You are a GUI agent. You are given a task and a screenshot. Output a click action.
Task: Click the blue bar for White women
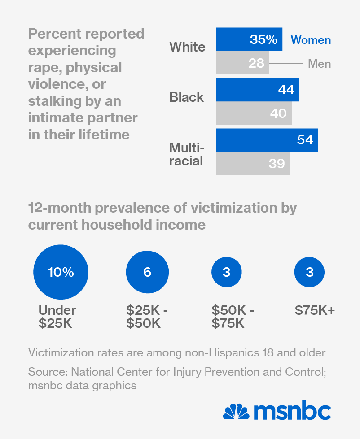click(249, 39)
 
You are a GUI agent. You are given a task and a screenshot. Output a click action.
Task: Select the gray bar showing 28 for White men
click(242, 63)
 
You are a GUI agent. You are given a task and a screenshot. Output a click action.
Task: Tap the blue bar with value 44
click(257, 90)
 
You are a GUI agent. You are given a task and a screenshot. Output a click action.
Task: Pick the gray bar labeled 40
click(254, 113)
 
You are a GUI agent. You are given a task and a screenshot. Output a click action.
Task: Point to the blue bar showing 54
click(267, 140)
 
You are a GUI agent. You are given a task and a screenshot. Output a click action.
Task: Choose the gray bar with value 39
click(253, 164)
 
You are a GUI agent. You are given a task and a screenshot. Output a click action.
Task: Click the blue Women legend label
click(311, 40)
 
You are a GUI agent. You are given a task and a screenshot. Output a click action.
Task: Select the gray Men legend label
click(319, 64)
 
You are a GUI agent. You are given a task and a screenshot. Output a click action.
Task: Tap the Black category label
click(186, 97)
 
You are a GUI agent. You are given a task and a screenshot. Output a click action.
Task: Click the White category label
click(187, 47)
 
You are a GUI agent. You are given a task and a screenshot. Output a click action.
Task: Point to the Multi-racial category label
click(186, 154)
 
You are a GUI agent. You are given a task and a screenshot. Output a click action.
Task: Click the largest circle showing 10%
click(61, 272)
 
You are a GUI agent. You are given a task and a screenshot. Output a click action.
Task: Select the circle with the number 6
click(147, 272)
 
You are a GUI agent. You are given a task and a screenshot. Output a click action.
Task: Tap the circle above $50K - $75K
click(226, 272)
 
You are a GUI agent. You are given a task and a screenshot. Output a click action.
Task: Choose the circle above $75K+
click(309, 272)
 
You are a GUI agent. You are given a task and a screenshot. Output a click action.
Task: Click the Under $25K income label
click(57, 317)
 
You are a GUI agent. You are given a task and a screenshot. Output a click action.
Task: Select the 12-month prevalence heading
click(162, 216)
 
